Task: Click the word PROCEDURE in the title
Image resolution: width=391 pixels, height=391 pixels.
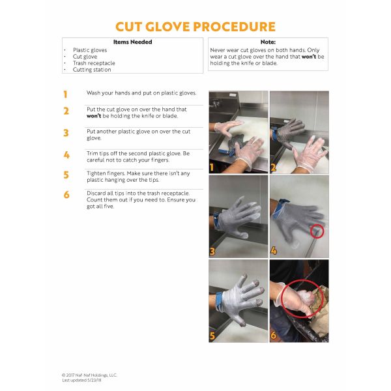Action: pos(234,27)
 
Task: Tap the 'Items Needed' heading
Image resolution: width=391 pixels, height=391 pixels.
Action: pos(133,42)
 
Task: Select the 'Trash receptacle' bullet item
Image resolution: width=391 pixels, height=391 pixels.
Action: pos(94,63)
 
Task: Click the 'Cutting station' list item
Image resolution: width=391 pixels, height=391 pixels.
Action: pos(92,70)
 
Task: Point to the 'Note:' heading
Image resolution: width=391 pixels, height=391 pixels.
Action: pos(268,42)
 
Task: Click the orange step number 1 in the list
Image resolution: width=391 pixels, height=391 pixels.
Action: pos(65,94)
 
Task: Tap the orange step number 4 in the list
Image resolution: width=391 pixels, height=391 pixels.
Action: pos(66,155)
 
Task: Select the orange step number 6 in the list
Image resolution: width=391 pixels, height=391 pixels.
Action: pos(66,195)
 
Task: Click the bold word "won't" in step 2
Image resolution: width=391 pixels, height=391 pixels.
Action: pos(94,116)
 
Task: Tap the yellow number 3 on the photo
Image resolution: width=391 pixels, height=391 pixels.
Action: pos(212,252)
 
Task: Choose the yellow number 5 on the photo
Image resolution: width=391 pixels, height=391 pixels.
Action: pos(212,336)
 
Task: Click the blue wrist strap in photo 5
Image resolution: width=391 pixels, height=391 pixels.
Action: pos(220,302)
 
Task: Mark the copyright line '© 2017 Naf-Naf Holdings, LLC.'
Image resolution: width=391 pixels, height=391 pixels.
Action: pos(89,375)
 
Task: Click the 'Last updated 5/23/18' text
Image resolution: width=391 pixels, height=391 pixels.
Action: pos(82,381)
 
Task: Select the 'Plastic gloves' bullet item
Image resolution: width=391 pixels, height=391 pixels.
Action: pos(90,50)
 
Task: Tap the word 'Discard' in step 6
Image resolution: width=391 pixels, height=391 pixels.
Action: pos(96,194)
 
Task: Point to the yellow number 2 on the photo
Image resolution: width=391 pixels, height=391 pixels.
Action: pos(273,167)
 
